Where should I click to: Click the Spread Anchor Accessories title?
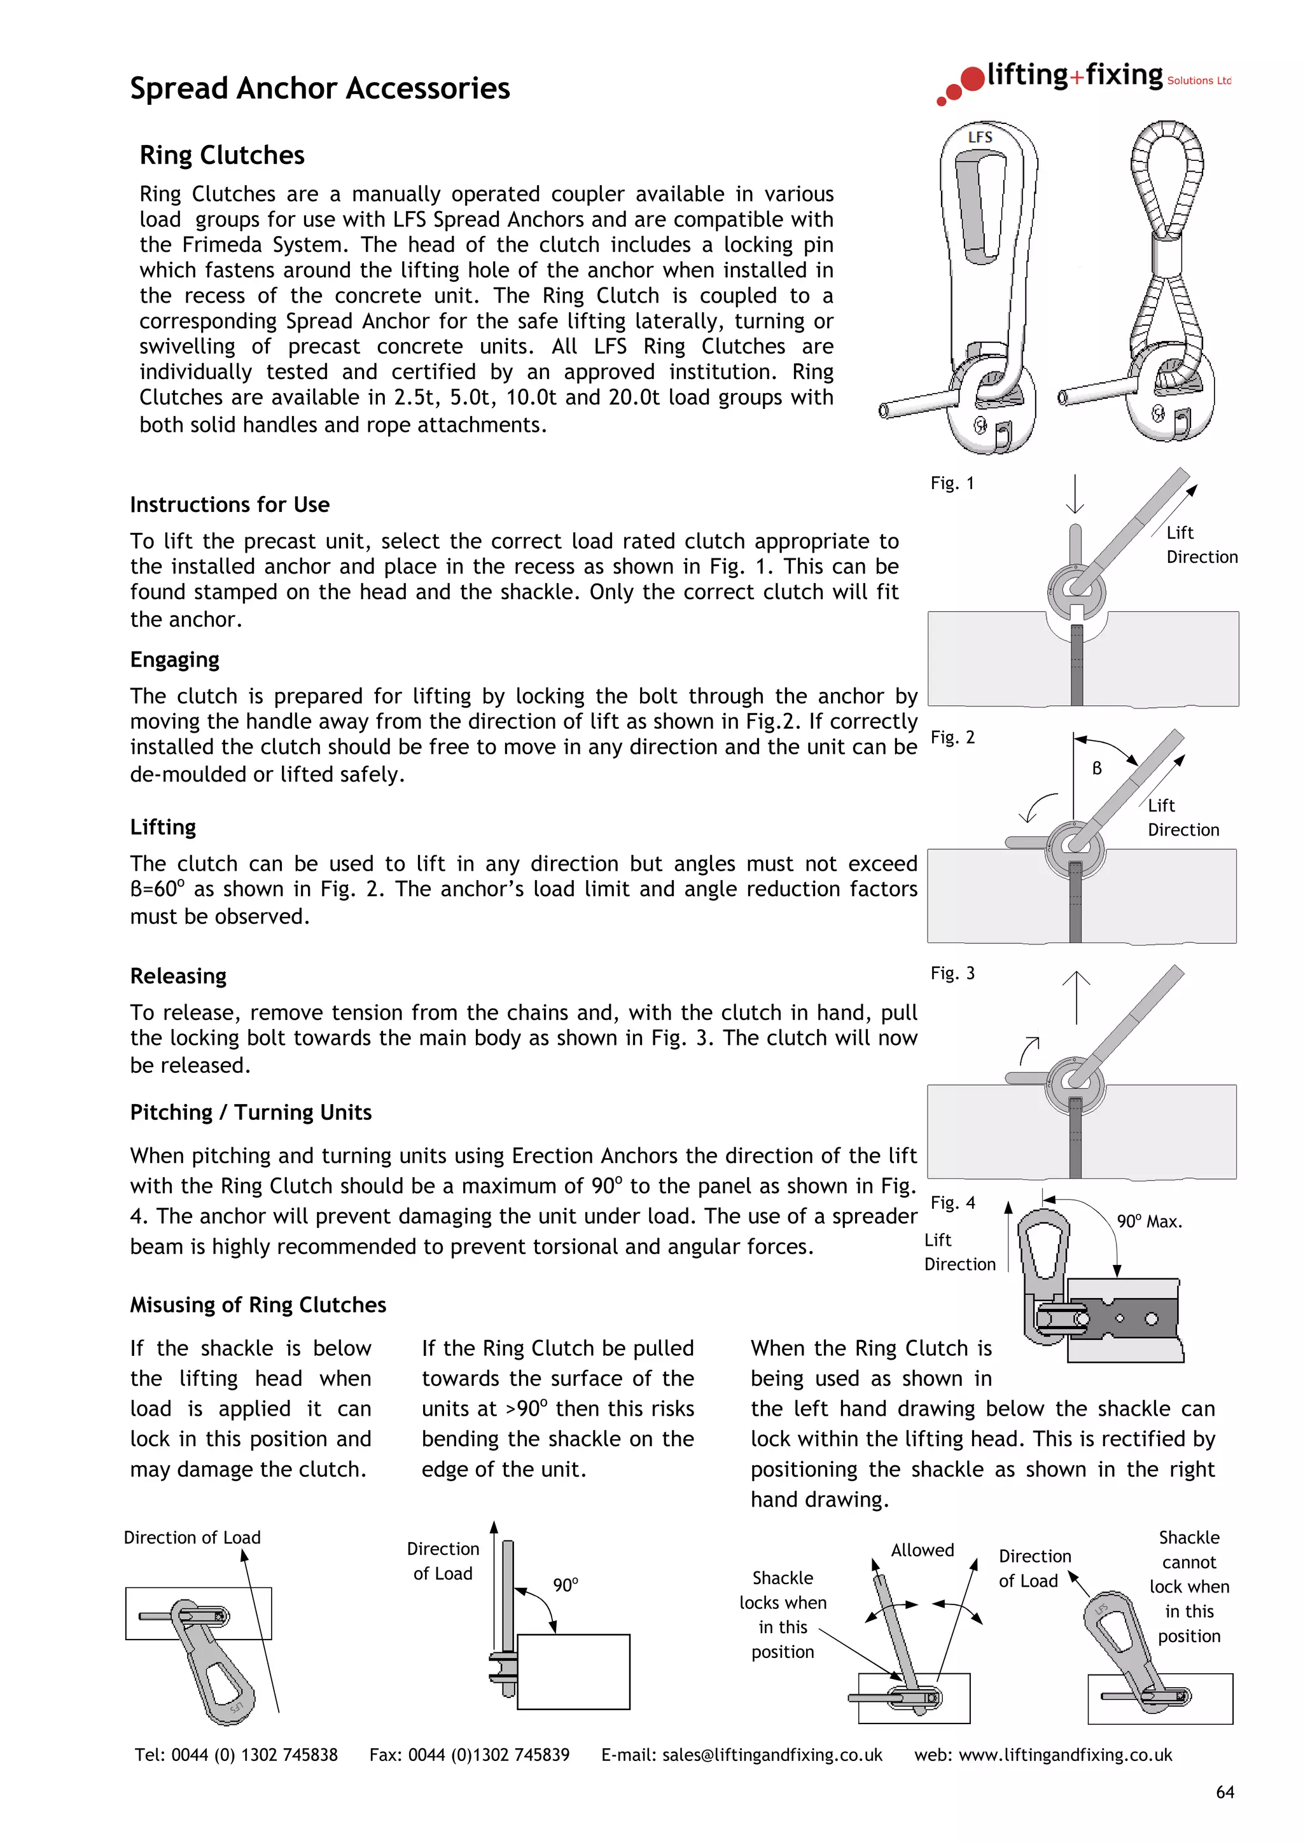point(319,88)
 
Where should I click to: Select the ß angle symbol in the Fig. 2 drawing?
point(1097,768)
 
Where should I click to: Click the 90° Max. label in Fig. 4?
point(1149,1222)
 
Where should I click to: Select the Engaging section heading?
point(174,660)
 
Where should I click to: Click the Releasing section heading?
point(178,976)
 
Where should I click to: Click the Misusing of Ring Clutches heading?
point(258,1305)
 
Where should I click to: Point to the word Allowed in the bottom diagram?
point(923,1550)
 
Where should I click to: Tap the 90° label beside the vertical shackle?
point(565,1585)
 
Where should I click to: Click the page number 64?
point(1224,1792)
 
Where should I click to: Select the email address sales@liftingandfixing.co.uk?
point(772,1755)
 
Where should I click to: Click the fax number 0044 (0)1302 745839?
point(489,1755)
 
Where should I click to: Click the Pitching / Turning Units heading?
point(251,1112)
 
